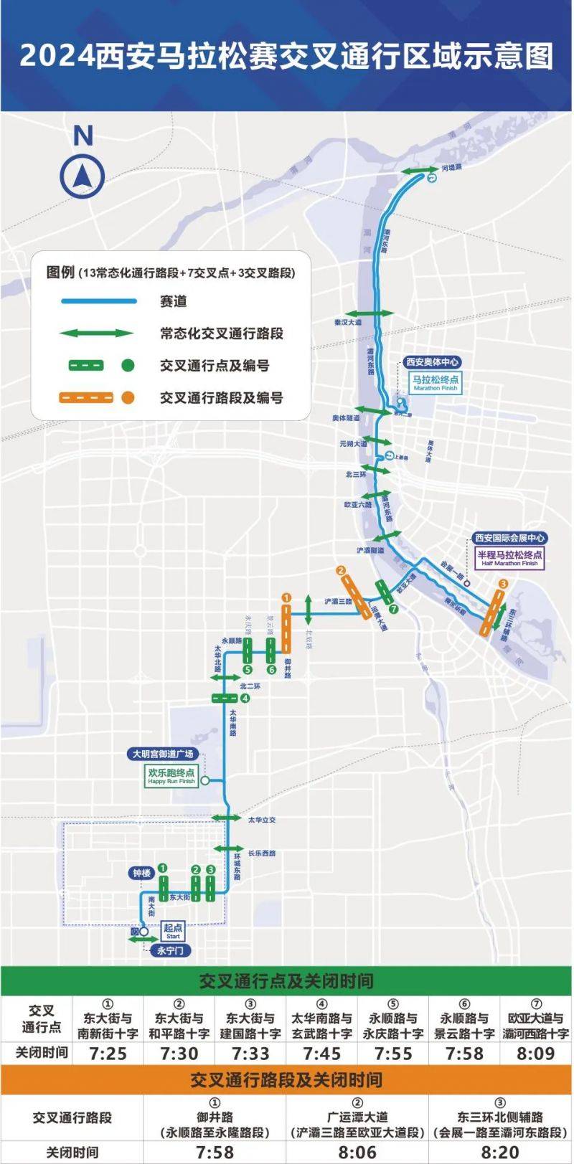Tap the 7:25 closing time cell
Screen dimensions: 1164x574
108,1054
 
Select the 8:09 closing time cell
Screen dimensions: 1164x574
536,1054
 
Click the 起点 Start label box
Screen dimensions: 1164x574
173,931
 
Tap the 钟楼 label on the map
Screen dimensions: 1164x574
141,873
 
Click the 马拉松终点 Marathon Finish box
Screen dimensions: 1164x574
436,382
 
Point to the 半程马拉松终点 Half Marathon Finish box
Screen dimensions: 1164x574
509,558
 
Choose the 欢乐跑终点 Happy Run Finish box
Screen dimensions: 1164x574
171,776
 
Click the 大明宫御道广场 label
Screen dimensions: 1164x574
163,754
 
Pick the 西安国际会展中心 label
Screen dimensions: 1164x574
509,538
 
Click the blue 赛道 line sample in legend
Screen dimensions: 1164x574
98,301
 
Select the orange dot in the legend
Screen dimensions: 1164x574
128,397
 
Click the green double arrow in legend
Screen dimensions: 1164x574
96,333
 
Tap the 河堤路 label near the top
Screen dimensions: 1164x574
452,168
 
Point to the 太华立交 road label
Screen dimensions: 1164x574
262,820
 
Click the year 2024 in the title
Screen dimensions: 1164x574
57,56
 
